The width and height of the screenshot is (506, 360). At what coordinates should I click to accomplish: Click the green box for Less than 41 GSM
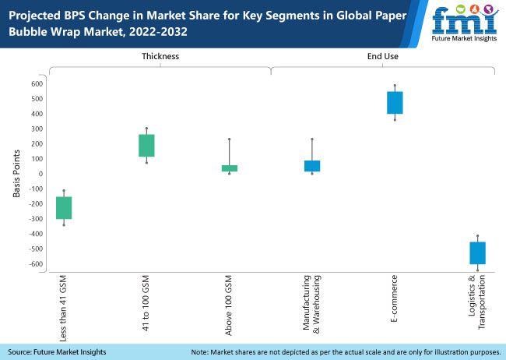click(x=64, y=207)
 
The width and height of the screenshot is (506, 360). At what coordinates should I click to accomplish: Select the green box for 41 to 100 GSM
click(x=146, y=145)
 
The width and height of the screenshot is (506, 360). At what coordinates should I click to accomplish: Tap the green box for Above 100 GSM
click(x=230, y=168)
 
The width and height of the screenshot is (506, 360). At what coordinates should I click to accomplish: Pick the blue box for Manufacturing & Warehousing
click(x=312, y=165)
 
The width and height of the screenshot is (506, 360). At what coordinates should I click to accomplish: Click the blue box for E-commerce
click(x=395, y=102)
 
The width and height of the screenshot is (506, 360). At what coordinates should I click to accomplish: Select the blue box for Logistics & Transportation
click(x=477, y=252)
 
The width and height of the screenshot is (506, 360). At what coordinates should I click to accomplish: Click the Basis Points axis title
click(x=16, y=174)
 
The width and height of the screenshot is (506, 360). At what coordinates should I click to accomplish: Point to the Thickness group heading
click(x=160, y=57)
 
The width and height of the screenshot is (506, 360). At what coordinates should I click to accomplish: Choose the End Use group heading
click(x=381, y=57)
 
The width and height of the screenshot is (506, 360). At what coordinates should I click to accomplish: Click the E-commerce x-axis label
click(x=395, y=298)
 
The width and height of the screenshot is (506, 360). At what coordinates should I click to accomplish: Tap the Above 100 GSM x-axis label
click(x=230, y=306)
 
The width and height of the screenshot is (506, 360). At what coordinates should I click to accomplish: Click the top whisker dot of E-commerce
click(x=395, y=86)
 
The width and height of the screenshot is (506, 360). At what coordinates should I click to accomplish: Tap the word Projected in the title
click(x=36, y=13)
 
